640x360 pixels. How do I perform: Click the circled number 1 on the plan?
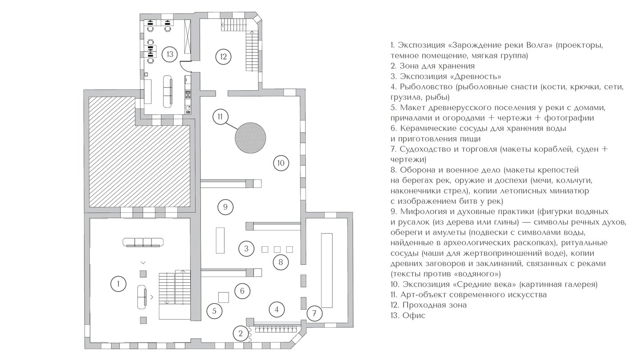(118, 283)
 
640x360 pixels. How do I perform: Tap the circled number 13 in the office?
(170, 55)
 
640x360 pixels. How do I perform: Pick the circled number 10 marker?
(281, 163)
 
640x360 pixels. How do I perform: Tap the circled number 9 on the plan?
(226, 206)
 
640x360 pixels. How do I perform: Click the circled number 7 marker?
(314, 313)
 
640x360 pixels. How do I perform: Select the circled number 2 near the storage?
(240, 333)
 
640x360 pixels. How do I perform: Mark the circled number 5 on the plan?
(214, 311)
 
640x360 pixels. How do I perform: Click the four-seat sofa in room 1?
(143, 242)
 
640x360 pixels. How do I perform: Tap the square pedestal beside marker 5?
(224, 296)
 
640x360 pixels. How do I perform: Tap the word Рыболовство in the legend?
(425, 87)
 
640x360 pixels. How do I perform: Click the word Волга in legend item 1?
(537, 45)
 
